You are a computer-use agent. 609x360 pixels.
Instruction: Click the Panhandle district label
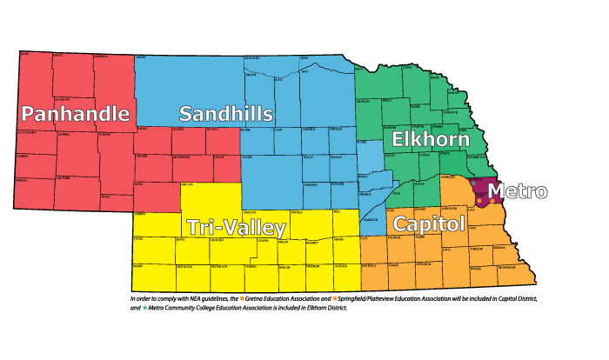(76, 114)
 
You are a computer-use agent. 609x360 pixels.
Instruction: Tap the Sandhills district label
(226, 114)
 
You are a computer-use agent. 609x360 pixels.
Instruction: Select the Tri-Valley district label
(236, 228)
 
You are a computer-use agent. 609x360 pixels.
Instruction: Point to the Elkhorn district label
(430, 139)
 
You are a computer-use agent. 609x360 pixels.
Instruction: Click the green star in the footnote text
(145, 307)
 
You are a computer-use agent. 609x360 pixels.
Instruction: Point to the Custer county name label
(248, 157)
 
